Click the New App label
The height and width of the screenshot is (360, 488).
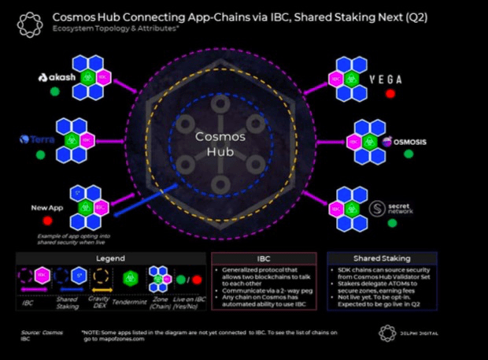(46, 207)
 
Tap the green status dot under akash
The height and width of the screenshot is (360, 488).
(54, 92)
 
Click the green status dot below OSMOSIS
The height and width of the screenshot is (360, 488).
(408, 154)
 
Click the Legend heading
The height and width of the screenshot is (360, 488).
(110, 258)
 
